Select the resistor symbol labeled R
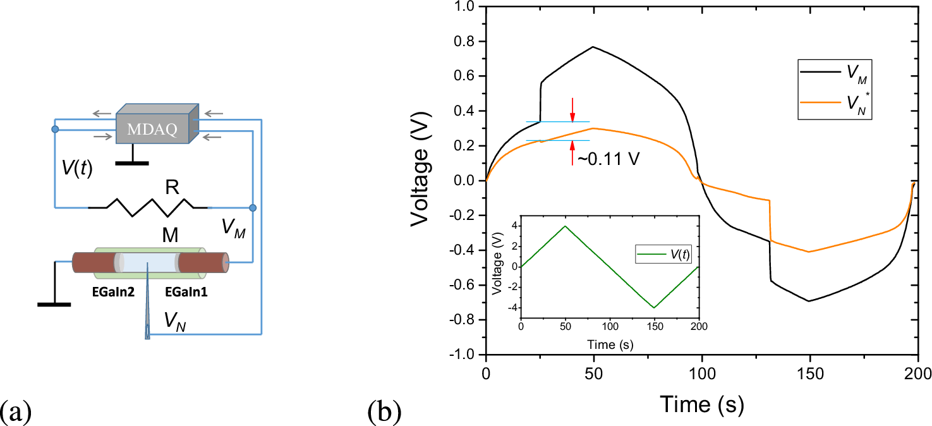click(x=149, y=204)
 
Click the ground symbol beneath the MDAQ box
click(x=132, y=162)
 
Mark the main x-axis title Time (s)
click(x=701, y=402)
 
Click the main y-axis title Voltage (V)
click(x=425, y=180)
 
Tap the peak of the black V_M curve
click(x=593, y=47)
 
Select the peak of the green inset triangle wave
click(x=566, y=226)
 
